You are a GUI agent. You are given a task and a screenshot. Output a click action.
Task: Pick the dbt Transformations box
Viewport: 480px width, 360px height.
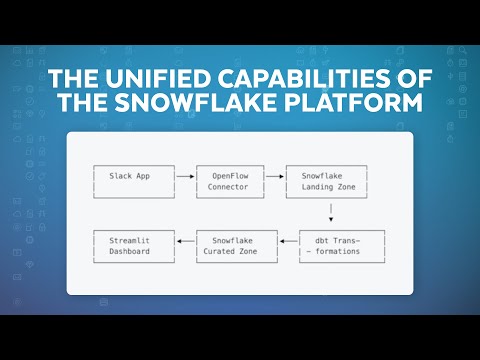click(336, 245)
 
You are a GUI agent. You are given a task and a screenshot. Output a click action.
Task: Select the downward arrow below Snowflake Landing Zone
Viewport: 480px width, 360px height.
click(331, 213)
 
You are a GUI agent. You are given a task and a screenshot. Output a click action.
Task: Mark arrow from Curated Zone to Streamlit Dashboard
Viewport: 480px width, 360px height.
click(185, 240)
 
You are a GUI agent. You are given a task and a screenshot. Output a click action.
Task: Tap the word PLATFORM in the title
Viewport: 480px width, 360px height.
click(367, 105)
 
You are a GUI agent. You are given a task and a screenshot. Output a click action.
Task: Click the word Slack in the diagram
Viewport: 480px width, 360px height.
click(119, 175)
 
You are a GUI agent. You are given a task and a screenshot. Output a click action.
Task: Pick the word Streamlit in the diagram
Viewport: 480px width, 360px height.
click(127, 240)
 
